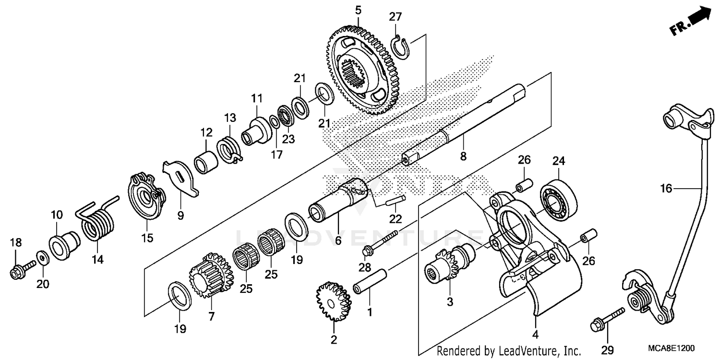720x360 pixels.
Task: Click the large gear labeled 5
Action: click(x=360, y=72)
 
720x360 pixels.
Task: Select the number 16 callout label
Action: click(x=666, y=189)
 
